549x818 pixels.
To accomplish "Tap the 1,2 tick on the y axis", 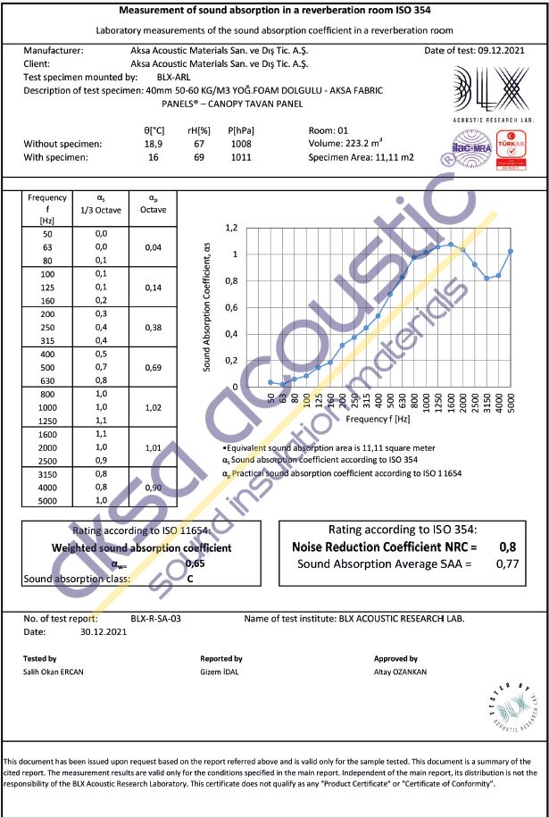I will click(230, 229).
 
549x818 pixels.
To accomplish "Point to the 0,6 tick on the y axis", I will click(230, 308).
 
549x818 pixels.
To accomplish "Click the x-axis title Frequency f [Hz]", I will click(378, 418).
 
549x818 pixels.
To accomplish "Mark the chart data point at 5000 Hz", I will click(511, 251).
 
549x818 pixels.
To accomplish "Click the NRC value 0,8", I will click(507, 547).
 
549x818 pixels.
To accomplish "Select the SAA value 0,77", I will click(506, 564).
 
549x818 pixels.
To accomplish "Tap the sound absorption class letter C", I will click(190, 579).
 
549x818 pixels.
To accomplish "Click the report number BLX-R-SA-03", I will click(156, 618).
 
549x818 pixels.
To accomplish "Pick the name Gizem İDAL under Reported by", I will click(220, 672).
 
